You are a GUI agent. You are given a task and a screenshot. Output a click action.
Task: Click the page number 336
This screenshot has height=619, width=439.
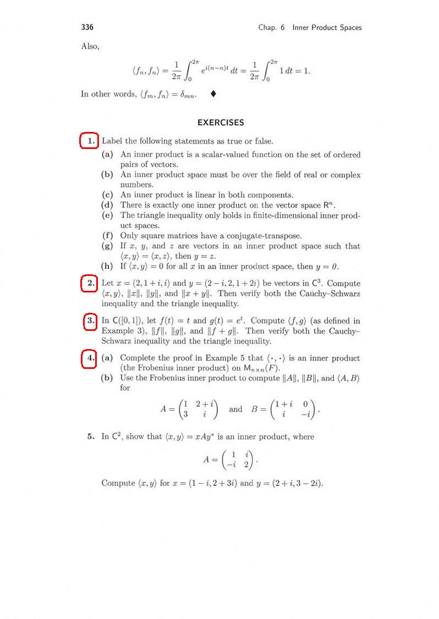click(87, 27)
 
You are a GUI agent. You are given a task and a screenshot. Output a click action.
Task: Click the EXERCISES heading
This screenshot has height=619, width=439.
click(221, 123)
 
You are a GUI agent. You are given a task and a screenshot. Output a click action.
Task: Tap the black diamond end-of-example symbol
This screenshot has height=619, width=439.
click(213, 94)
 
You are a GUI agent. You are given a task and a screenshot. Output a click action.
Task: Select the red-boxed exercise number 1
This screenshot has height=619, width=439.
click(89, 141)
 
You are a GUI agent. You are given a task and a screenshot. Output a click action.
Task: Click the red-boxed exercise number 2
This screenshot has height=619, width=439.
click(89, 284)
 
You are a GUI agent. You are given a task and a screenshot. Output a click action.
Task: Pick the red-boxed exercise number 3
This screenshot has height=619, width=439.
click(90, 321)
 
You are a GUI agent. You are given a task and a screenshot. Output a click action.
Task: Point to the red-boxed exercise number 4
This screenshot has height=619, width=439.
click(89, 358)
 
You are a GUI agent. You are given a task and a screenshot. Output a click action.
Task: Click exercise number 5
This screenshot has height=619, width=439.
click(91, 437)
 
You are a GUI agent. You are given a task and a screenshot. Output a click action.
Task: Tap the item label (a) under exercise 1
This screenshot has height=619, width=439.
click(107, 155)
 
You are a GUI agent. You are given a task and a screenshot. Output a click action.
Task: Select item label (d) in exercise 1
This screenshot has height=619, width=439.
click(107, 205)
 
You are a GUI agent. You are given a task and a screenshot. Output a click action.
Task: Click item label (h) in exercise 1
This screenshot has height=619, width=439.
click(107, 267)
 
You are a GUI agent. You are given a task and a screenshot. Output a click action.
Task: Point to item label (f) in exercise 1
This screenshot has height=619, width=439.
click(107, 236)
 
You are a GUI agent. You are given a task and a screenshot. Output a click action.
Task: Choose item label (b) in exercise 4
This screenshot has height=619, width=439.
click(107, 378)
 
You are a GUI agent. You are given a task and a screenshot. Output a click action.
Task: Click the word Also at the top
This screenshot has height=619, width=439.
click(90, 46)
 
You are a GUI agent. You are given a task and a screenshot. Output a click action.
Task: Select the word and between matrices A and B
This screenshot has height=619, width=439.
click(235, 409)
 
